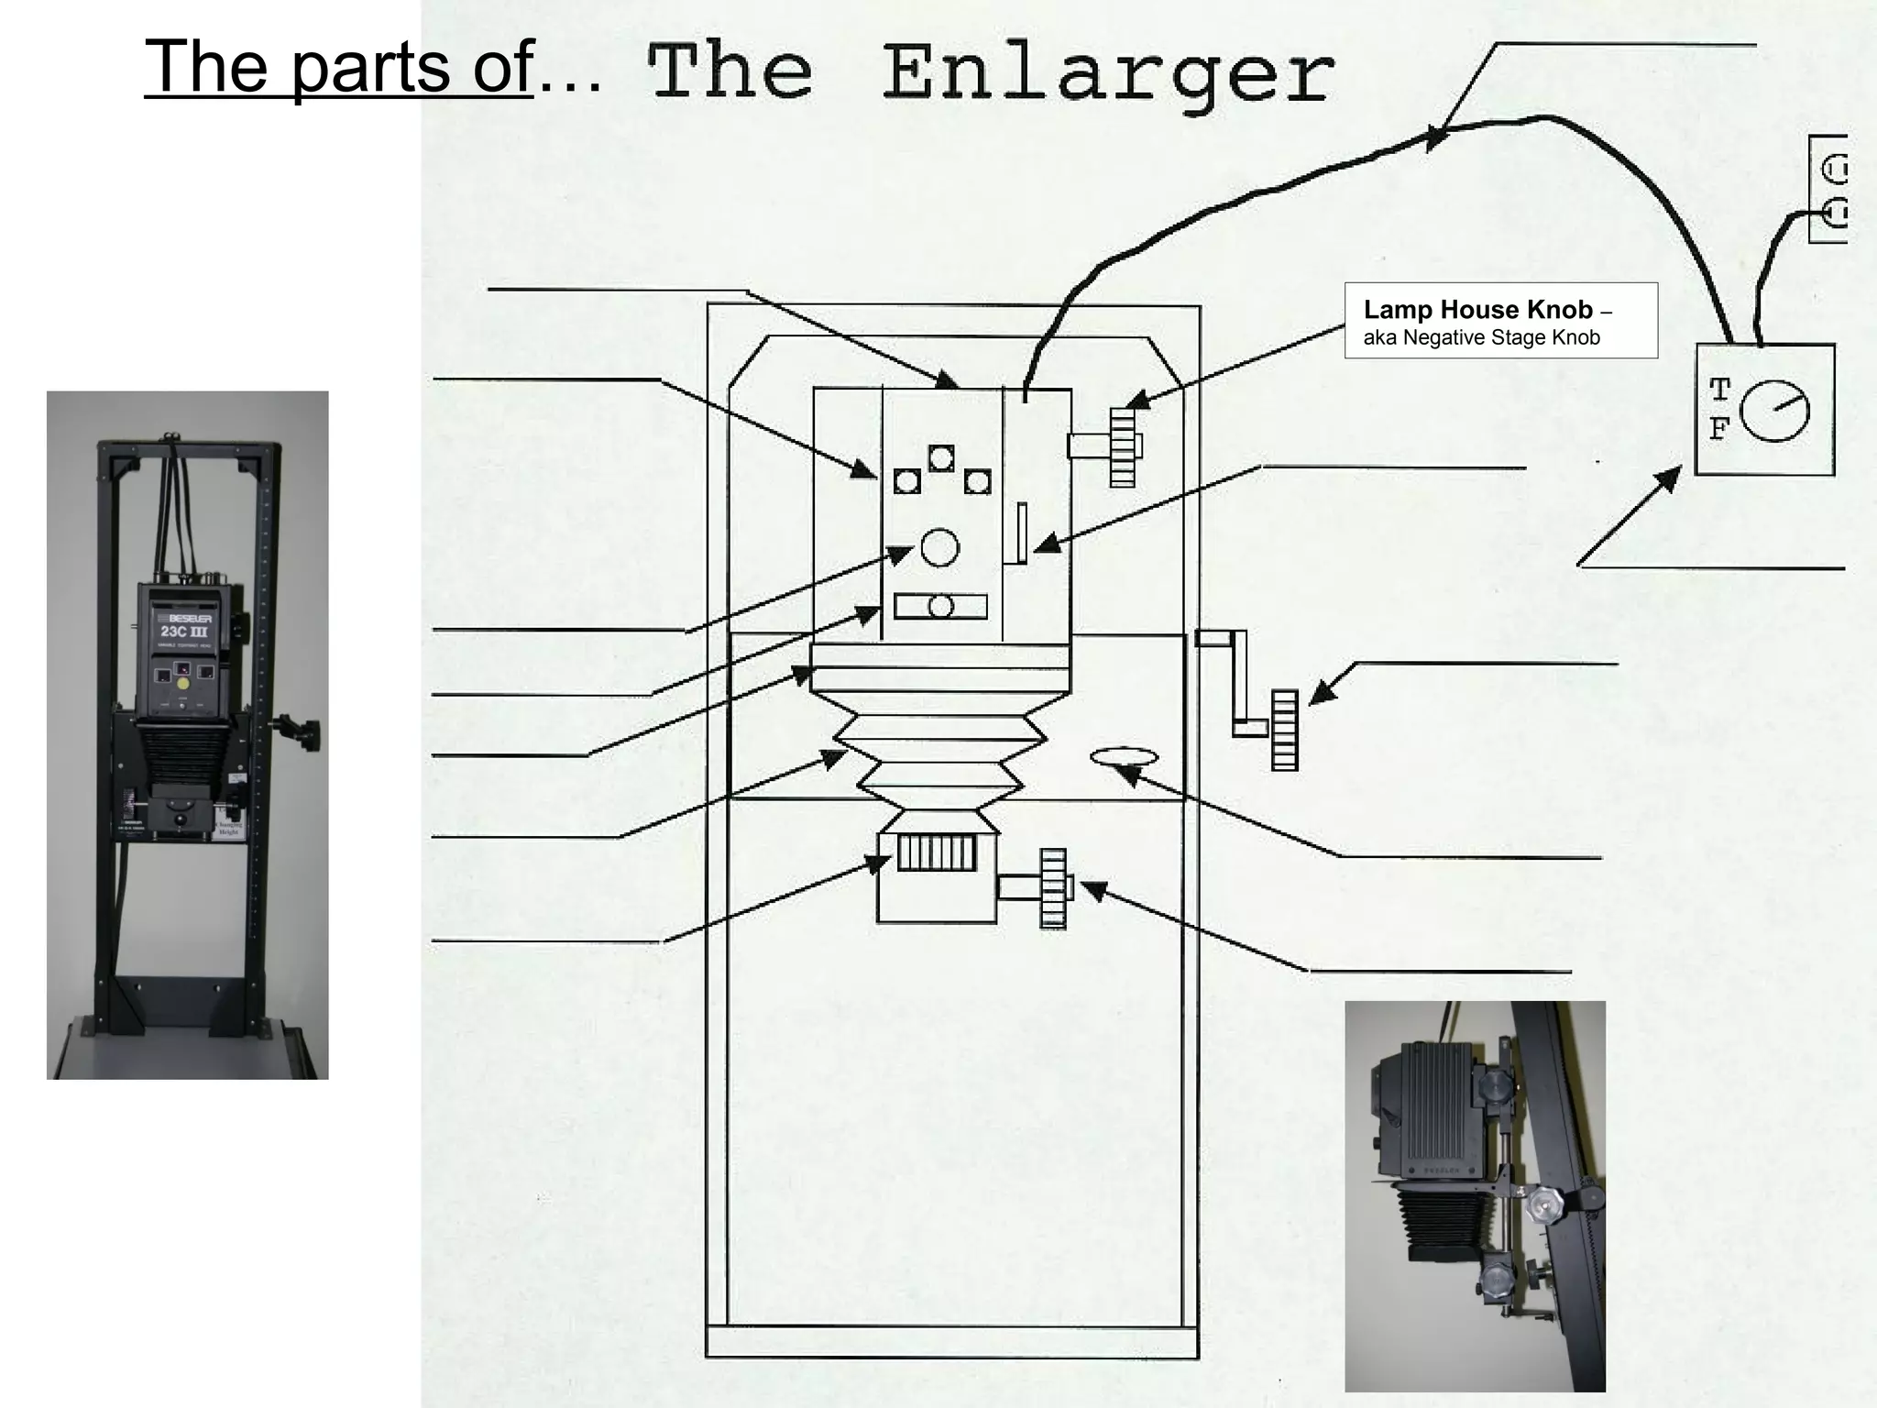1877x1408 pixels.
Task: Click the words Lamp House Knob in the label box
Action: [x=1477, y=310]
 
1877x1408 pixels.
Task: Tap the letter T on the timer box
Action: [x=1719, y=390]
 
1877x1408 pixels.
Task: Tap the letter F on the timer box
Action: [x=1719, y=429]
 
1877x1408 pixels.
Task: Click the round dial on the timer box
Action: [x=1774, y=411]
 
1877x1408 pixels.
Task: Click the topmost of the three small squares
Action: [x=941, y=457]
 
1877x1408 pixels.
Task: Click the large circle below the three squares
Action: [x=939, y=547]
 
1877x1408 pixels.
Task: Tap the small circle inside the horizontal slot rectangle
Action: [x=940, y=606]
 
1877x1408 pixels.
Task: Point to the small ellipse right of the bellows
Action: [x=1124, y=756]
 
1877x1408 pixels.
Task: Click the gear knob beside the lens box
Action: [x=1054, y=887]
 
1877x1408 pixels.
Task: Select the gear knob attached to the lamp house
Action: [x=1122, y=446]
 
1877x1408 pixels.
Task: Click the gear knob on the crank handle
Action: [x=1284, y=730]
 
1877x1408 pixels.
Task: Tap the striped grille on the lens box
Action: [x=936, y=852]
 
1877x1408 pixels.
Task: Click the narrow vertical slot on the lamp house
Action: [x=1021, y=533]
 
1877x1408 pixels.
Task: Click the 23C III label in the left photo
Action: [x=183, y=632]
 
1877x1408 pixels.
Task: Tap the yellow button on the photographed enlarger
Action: [x=183, y=683]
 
